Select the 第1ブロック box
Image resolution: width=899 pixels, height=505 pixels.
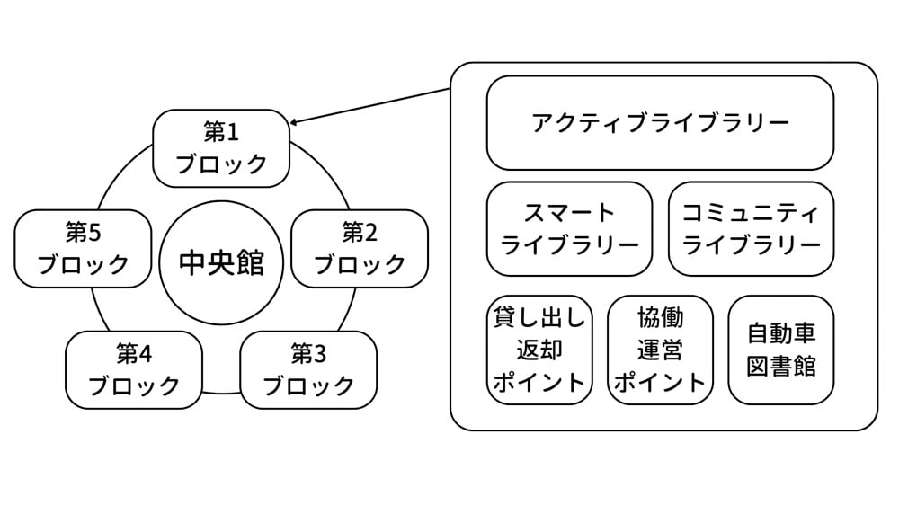coord(221,148)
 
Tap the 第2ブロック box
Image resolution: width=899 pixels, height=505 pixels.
coord(360,249)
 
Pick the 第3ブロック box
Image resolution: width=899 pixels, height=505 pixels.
coord(308,369)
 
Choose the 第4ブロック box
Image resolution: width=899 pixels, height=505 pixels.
coord(134,369)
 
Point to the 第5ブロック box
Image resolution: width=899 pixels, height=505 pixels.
coord(84,249)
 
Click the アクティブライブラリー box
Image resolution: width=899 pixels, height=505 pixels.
coord(660,123)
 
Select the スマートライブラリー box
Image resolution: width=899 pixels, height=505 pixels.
coord(569,228)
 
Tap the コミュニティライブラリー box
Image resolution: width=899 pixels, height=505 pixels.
coord(751,228)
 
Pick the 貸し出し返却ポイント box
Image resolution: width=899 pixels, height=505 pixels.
coord(539,350)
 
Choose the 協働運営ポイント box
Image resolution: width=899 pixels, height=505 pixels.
coord(660,350)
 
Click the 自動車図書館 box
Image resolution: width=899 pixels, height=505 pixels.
coord(780,350)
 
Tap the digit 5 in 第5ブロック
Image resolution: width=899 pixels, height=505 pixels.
coord(95,234)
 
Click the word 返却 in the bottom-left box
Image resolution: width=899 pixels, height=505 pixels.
coord(539,349)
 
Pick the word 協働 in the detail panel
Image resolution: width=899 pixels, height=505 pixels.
coord(660,318)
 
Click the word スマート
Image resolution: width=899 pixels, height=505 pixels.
coord(569,213)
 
